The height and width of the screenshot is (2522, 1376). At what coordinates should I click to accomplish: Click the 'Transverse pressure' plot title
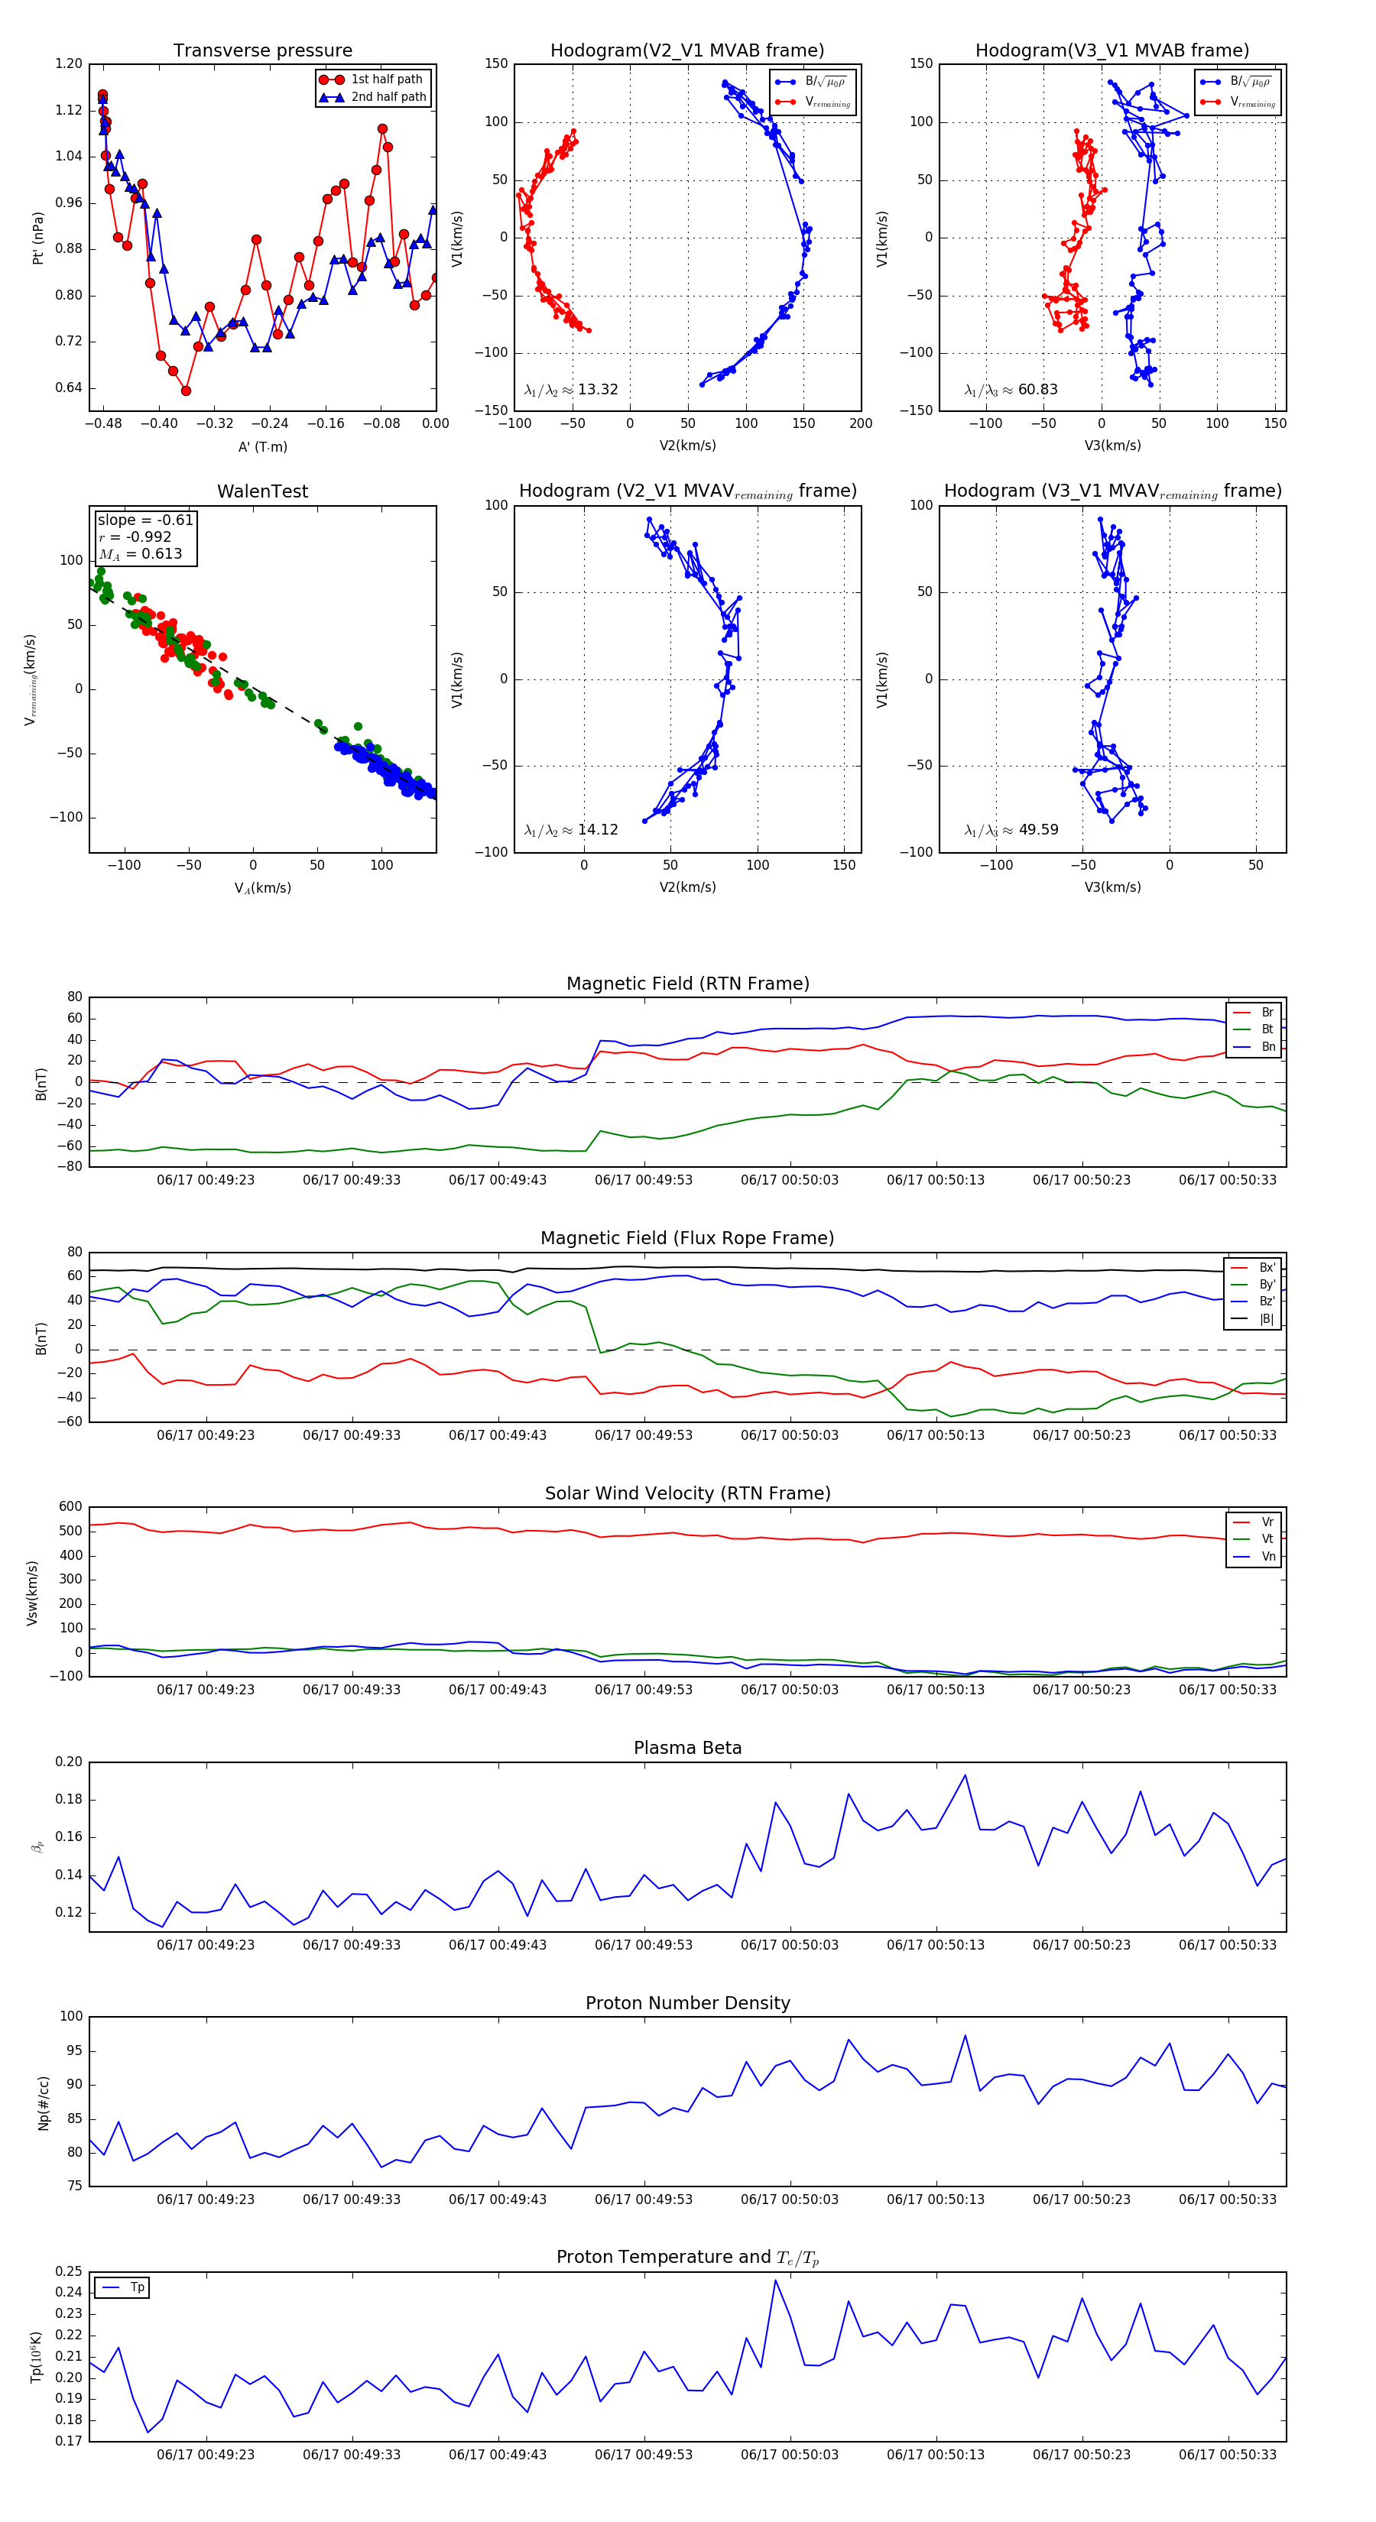pos(262,51)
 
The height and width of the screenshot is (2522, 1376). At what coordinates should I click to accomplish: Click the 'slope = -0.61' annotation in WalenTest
pos(145,520)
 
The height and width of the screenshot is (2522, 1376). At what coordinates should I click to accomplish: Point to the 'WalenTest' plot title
pos(262,491)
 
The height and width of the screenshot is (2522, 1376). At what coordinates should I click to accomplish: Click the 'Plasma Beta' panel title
pos(687,1749)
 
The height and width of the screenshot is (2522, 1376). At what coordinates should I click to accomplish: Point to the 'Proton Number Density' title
pos(687,2003)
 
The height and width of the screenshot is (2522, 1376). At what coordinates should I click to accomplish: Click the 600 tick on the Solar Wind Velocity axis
pos(70,1507)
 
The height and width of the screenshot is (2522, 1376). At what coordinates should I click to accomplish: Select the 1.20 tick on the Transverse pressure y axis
pos(69,63)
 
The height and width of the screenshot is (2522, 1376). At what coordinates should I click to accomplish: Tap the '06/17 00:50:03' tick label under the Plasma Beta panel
pos(790,1945)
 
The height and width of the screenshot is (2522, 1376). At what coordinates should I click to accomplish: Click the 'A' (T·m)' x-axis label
pos(262,447)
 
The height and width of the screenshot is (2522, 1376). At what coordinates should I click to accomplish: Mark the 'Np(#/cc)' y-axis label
pos(43,2103)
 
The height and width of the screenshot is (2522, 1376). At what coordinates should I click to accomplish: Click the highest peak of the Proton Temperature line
pos(776,2280)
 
